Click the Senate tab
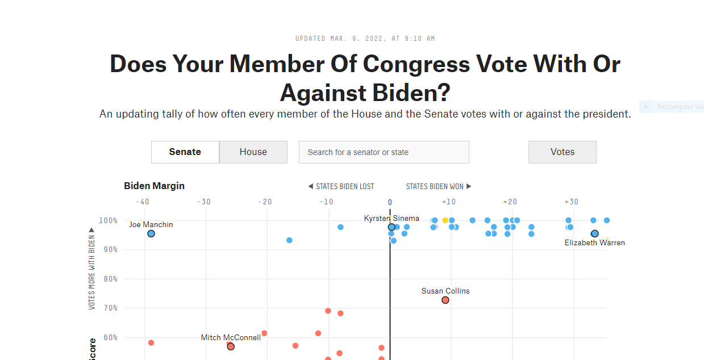click(x=185, y=152)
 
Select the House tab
click(x=253, y=152)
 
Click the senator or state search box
click(x=384, y=152)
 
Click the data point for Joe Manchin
click(x=151, y=233)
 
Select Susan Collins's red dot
click(x=445, y=300)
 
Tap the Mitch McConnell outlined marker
click(x=231, y=346)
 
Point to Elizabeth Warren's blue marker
click(x=594, y=233)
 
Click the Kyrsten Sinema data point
click(x=391, y=227)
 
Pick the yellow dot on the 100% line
click(x=445, y=220)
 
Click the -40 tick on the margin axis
click(x=143, y=202)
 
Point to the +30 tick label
click(x=571, y=202)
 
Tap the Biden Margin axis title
click(x=154, y=186)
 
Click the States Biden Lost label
click(x=341, y=186)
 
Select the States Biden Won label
click(x=439, y=186)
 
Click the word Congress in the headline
click(x=416, y=64)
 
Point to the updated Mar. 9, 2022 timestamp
click(x=365, y=39)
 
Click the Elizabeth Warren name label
click(x=594, y=243)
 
